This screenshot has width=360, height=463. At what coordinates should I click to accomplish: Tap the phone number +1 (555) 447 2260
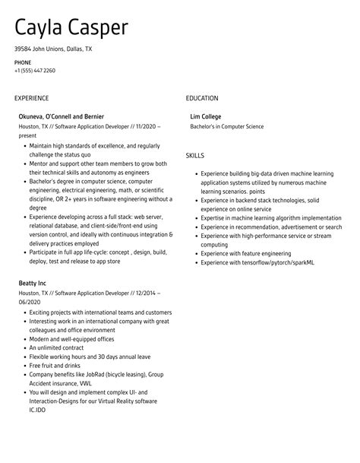34,71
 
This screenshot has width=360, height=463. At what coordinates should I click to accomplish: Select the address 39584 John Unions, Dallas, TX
53,49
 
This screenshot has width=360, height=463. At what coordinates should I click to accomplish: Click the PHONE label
23,62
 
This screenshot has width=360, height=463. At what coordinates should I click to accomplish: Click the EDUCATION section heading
202,98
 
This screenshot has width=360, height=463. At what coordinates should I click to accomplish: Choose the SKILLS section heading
195,155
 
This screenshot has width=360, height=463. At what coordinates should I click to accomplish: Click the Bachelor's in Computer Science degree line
227,126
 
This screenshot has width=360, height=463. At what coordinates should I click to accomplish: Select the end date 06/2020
30,301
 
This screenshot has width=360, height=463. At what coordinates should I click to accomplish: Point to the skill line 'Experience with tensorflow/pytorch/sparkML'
258,263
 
